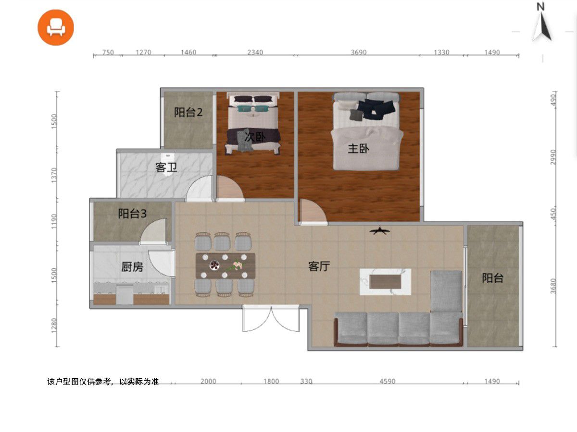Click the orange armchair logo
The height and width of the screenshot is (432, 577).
56,27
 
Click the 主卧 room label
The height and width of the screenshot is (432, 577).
358,148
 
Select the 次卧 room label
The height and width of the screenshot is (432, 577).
255,136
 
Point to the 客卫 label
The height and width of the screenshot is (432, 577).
166,167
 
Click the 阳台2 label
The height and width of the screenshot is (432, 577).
188,112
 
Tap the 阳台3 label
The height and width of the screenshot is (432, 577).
132,214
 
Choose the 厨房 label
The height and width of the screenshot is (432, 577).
132,267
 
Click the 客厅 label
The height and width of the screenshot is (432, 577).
319,266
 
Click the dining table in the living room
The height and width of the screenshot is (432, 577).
226,265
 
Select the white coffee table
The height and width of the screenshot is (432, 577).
385,282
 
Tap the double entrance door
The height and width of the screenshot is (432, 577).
271,318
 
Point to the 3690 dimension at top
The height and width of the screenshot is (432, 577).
359,52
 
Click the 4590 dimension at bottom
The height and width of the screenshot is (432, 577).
387,381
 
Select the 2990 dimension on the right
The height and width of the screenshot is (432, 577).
553,157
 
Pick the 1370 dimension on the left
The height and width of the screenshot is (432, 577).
54,175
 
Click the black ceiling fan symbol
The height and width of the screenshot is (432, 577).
379,230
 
